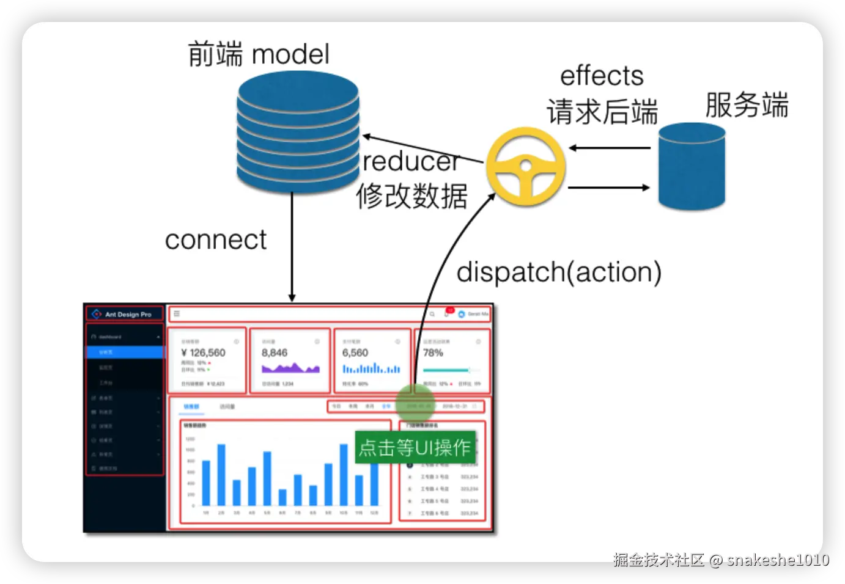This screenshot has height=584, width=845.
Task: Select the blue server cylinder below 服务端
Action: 692,166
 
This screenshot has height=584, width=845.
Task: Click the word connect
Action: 215,239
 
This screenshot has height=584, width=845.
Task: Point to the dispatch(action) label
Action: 559,272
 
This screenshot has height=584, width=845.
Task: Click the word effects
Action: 602,76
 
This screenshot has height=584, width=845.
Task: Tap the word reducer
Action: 411,162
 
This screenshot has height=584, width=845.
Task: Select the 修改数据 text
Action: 412,196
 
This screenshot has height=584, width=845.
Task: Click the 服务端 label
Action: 747,104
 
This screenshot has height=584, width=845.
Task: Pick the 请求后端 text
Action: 602,112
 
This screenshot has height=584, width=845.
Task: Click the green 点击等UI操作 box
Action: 415,447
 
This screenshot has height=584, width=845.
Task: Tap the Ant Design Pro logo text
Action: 128,315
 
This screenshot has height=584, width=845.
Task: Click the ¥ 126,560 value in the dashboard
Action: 203,352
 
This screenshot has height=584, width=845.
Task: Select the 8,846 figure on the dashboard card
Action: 275,352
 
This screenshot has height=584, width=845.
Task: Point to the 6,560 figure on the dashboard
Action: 355,352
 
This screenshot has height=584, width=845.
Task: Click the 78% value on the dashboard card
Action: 433,352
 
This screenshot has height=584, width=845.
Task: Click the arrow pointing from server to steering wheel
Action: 609,148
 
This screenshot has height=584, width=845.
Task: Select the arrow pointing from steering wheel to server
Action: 609,188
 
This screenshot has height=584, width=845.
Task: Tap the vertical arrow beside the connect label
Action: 292,250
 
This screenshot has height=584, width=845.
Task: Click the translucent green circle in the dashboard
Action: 415,404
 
